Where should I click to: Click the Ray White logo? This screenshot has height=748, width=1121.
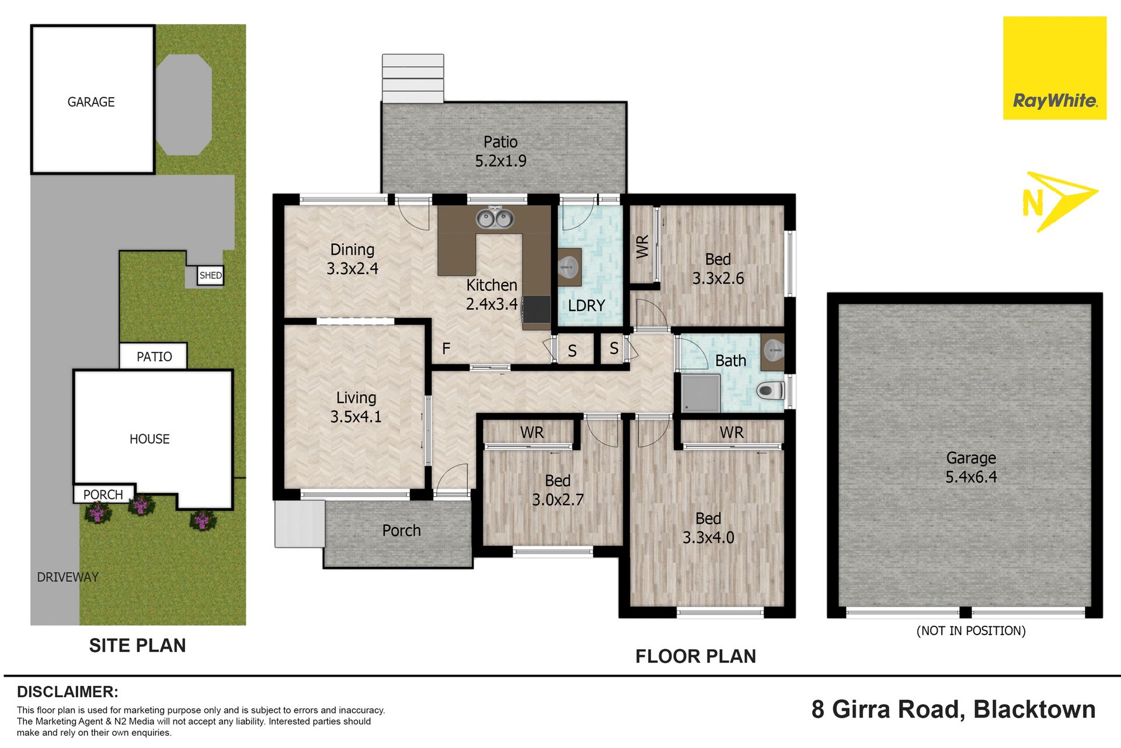1054,68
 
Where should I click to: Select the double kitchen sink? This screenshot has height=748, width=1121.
495,219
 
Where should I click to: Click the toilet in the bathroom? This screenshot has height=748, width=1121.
771,390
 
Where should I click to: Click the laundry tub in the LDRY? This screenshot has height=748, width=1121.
569,267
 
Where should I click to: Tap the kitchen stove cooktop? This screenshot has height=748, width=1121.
536,309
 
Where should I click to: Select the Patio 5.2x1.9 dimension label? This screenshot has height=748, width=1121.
500,151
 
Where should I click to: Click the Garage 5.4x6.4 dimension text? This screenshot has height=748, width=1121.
971,467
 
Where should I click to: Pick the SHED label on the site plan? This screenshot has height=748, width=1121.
211,275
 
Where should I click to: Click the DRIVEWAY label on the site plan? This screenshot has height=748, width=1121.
68,577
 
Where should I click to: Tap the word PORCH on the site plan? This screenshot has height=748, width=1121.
103,495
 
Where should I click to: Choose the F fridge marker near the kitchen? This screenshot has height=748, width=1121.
446,349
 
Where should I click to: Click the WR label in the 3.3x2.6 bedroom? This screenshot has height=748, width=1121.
642,247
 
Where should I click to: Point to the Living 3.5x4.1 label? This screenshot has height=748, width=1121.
356,407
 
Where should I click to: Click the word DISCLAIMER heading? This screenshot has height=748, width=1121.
68,692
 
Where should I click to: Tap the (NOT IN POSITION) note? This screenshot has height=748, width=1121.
971,631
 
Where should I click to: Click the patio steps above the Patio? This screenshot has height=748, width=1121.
413,78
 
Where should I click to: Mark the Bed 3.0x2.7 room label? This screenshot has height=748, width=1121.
558,490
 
